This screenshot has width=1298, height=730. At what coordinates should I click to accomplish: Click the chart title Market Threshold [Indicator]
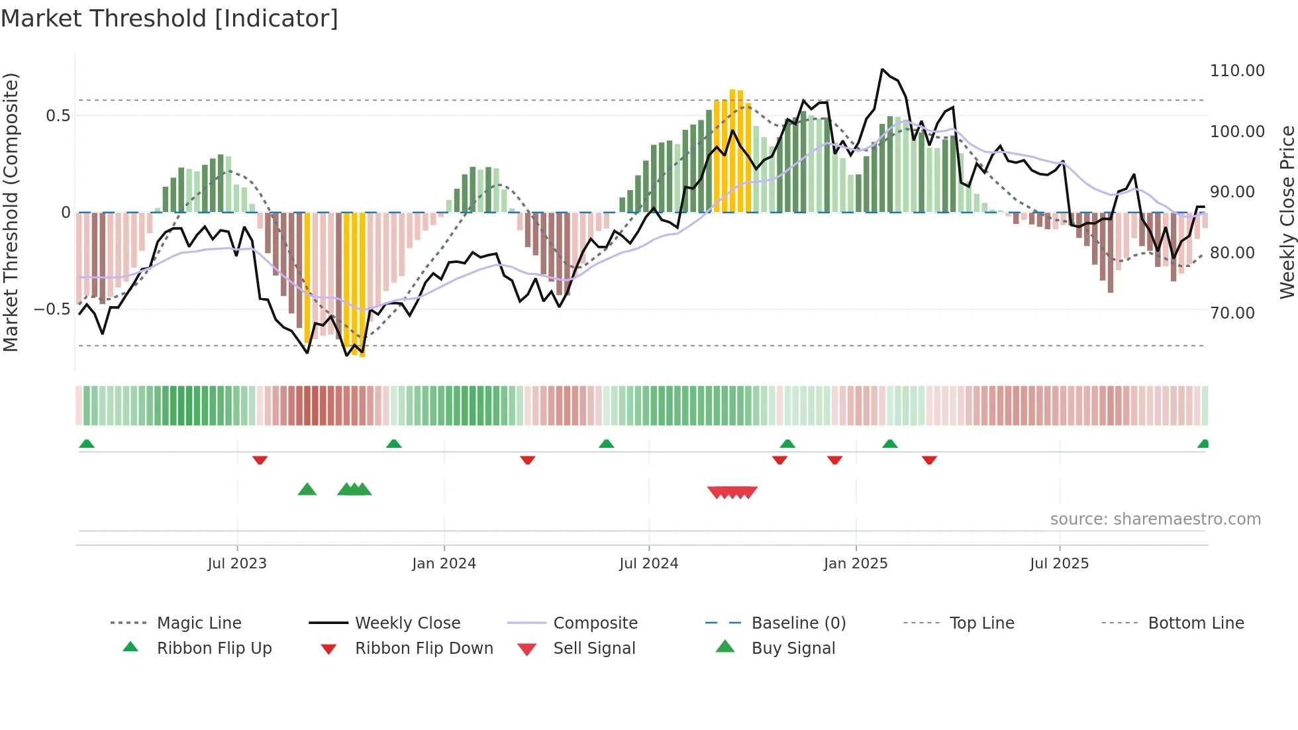point(170,19)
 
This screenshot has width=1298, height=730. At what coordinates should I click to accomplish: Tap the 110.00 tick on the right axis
point(1237,71)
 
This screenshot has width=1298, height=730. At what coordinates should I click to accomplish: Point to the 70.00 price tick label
point(1232,313)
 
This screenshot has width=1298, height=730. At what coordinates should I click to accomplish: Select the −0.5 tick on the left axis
point(52,309)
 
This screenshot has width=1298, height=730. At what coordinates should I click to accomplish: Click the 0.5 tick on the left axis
point(58,116)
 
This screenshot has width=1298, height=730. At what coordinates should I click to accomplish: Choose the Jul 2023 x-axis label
point(237,564)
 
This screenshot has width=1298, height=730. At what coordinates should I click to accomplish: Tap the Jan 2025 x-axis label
point(856,564)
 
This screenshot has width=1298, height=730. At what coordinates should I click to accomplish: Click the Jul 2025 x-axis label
point(1059,564)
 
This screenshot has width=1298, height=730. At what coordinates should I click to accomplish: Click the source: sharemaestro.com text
point(1155,519)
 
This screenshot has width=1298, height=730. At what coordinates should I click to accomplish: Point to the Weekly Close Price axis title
point(1287,212)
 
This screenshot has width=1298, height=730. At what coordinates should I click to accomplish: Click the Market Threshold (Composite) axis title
point(11,212)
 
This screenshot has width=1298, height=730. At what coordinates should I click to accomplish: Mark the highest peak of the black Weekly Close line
point(882,69)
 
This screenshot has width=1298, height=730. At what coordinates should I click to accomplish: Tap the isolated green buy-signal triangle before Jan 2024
point(307,490)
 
